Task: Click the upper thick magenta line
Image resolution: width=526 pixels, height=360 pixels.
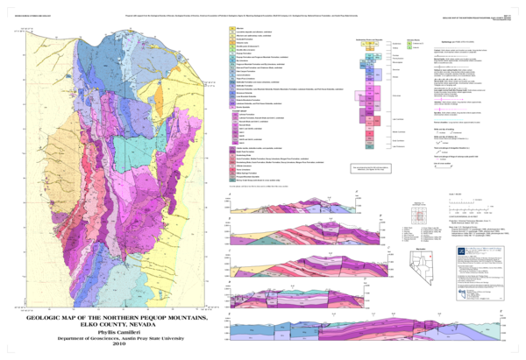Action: (x=448, y=99)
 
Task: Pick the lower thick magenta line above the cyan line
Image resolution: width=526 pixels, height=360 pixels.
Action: (x=451, y=109)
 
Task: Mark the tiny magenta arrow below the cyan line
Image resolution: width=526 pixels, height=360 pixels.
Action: (x=437, y=159)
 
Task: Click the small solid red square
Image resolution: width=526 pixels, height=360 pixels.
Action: (x=429, y=257)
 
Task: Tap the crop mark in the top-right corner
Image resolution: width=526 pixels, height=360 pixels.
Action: (x=512, y=10)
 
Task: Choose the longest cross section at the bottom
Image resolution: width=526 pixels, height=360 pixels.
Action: (x=365, y=331)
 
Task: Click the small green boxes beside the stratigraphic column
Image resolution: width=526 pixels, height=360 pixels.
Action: (x=409, y=45)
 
